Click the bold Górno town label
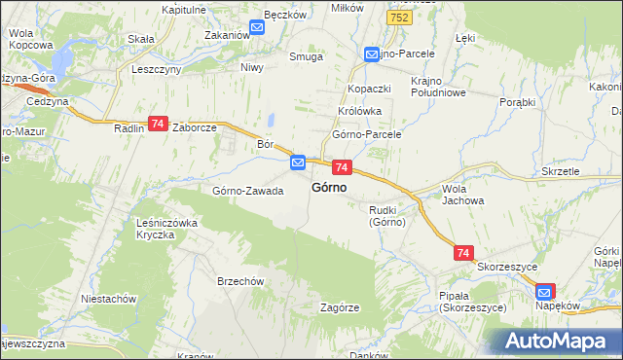point(331,188)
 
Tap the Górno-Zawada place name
point(248,191)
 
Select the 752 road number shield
point(397,18)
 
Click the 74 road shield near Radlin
point(158,124)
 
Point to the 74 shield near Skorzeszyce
point(463,252)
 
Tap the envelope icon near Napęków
point(545,291)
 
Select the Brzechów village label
point(241,281)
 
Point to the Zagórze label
point(341,306)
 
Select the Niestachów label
point(108,299)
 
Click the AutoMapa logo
point(556,341)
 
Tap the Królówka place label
point(358,111)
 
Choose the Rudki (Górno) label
point(386,215)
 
